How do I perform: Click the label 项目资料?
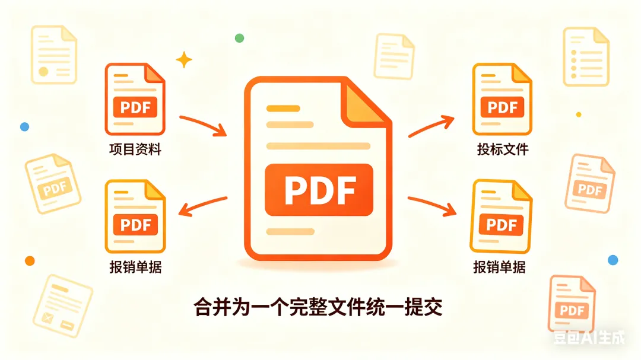point(135,149)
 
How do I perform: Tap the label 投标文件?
point(503,149)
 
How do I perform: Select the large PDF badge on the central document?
point(319,190)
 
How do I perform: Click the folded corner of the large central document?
point(366,101)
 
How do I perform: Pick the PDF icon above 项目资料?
point(135,99)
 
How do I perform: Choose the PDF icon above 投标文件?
point(502,99)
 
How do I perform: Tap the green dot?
point(240,39)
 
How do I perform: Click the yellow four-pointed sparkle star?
point(184,60)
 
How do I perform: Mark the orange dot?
point(30,261)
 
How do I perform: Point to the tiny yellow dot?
point(579,115)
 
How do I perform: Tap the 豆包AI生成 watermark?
point(589,337)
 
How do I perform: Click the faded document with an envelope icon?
point(62,306)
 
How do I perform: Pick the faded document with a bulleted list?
point(586,57)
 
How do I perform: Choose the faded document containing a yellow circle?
point(54,55)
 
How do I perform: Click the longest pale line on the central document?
point(318,146)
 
